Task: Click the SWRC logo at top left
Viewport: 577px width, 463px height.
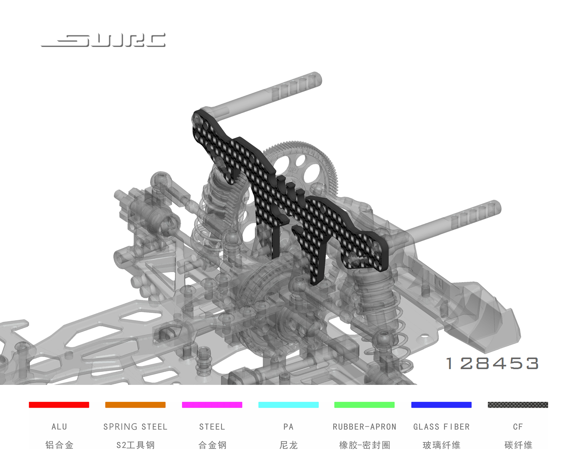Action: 103,40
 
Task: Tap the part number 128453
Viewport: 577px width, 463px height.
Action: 492,363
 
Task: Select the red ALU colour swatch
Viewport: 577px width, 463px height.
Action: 59,404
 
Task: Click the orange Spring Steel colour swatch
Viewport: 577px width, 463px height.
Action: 135,404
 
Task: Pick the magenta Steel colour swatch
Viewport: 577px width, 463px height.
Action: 212,404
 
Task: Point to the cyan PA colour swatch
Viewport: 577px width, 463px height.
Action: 288,404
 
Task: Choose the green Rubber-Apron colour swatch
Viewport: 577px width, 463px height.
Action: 364,404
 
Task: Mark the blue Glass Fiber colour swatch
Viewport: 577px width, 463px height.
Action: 441,404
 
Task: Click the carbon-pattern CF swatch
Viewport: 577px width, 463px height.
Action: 518,404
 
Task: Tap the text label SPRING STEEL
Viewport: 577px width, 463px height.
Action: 135,427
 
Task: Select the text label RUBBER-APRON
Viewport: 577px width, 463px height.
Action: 364,427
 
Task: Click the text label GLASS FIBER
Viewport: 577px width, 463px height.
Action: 441,427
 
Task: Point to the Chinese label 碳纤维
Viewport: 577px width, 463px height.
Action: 518,445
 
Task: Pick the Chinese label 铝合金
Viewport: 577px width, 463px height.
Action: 59,445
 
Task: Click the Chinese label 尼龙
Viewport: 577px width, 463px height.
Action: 288,445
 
